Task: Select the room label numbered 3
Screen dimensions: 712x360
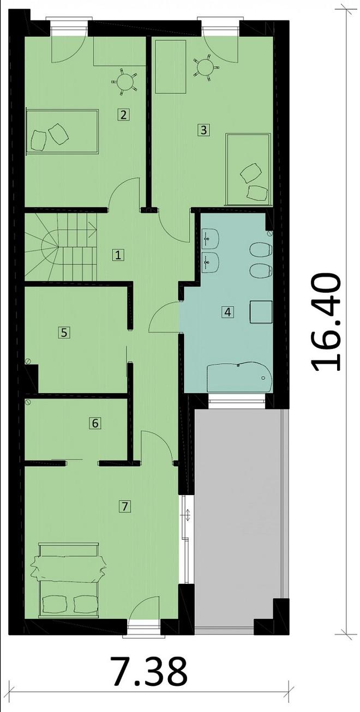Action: click(x=203, y=130)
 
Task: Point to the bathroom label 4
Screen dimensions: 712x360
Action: click(x=228, y=312)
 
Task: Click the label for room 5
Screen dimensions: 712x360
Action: click(x=64, y=332)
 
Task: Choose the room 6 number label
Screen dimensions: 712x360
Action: click(x=95, y=423)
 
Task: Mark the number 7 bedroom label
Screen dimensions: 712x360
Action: click(x=125, y=506)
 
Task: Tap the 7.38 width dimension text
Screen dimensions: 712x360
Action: click(x=149, y=672)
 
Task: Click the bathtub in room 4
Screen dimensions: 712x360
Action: click(x=239, y=377)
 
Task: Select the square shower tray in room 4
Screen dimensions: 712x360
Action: click(x=261, y=312)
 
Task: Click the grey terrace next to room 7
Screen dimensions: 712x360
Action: click(x=240, y=518)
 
